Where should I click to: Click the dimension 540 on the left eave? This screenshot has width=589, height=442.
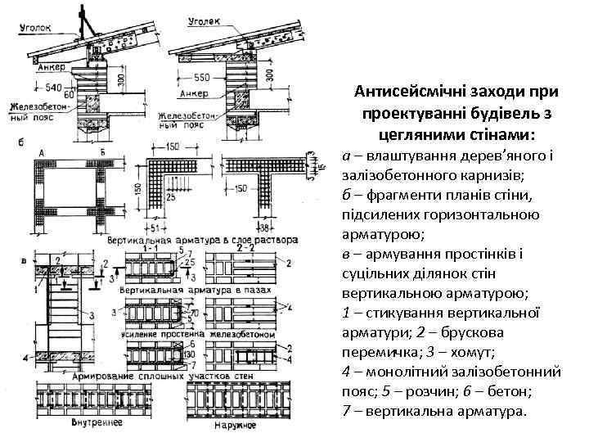[x=53, y=85]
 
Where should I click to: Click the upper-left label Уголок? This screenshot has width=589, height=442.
[x=34, y=26]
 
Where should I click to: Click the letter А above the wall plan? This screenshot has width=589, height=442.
[x=41, y=153]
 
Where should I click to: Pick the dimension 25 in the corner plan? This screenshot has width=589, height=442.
[x=169, y=197]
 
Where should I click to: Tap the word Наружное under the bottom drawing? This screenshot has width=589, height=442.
[x=235, y=425]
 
